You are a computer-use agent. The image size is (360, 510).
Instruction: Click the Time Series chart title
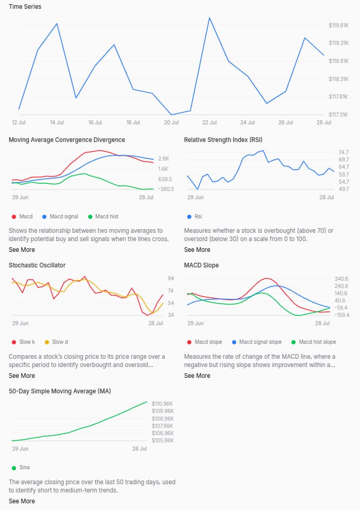[x=25, y=7]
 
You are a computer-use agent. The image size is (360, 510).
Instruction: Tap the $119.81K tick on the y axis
[x=338, y=25]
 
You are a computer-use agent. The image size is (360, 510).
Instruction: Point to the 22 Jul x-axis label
[x=209, y=123]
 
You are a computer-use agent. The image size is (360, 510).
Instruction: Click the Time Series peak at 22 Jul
[x=209, y=18]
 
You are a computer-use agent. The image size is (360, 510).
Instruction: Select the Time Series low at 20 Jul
[x=171, y=115]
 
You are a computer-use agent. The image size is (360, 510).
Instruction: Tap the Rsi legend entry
[x=198, y=216]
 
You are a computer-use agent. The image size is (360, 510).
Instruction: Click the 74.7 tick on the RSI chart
[x=343, y=152]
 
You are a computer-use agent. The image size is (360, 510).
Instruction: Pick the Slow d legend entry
[x=59, y=342]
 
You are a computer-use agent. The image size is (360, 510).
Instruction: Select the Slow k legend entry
[x=27, y=342]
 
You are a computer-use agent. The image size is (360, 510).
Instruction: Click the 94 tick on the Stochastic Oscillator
[x=170, y=278]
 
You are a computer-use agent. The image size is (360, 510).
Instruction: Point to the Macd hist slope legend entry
[x=317, y=342]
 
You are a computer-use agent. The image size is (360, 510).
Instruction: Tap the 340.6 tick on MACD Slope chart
[x=341, y=279]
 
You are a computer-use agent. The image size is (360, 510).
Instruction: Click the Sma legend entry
[x=24, y=468]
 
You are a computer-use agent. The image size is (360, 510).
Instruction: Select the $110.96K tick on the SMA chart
[x=162, y=403]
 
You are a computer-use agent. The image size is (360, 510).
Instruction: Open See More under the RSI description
[x=197, y=250]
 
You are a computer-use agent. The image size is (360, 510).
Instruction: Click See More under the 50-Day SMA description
[x=22, y=501]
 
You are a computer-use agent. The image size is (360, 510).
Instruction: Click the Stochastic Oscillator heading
[x=37, y=265]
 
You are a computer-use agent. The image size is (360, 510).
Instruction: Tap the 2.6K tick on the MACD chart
[x=163, y=158]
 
